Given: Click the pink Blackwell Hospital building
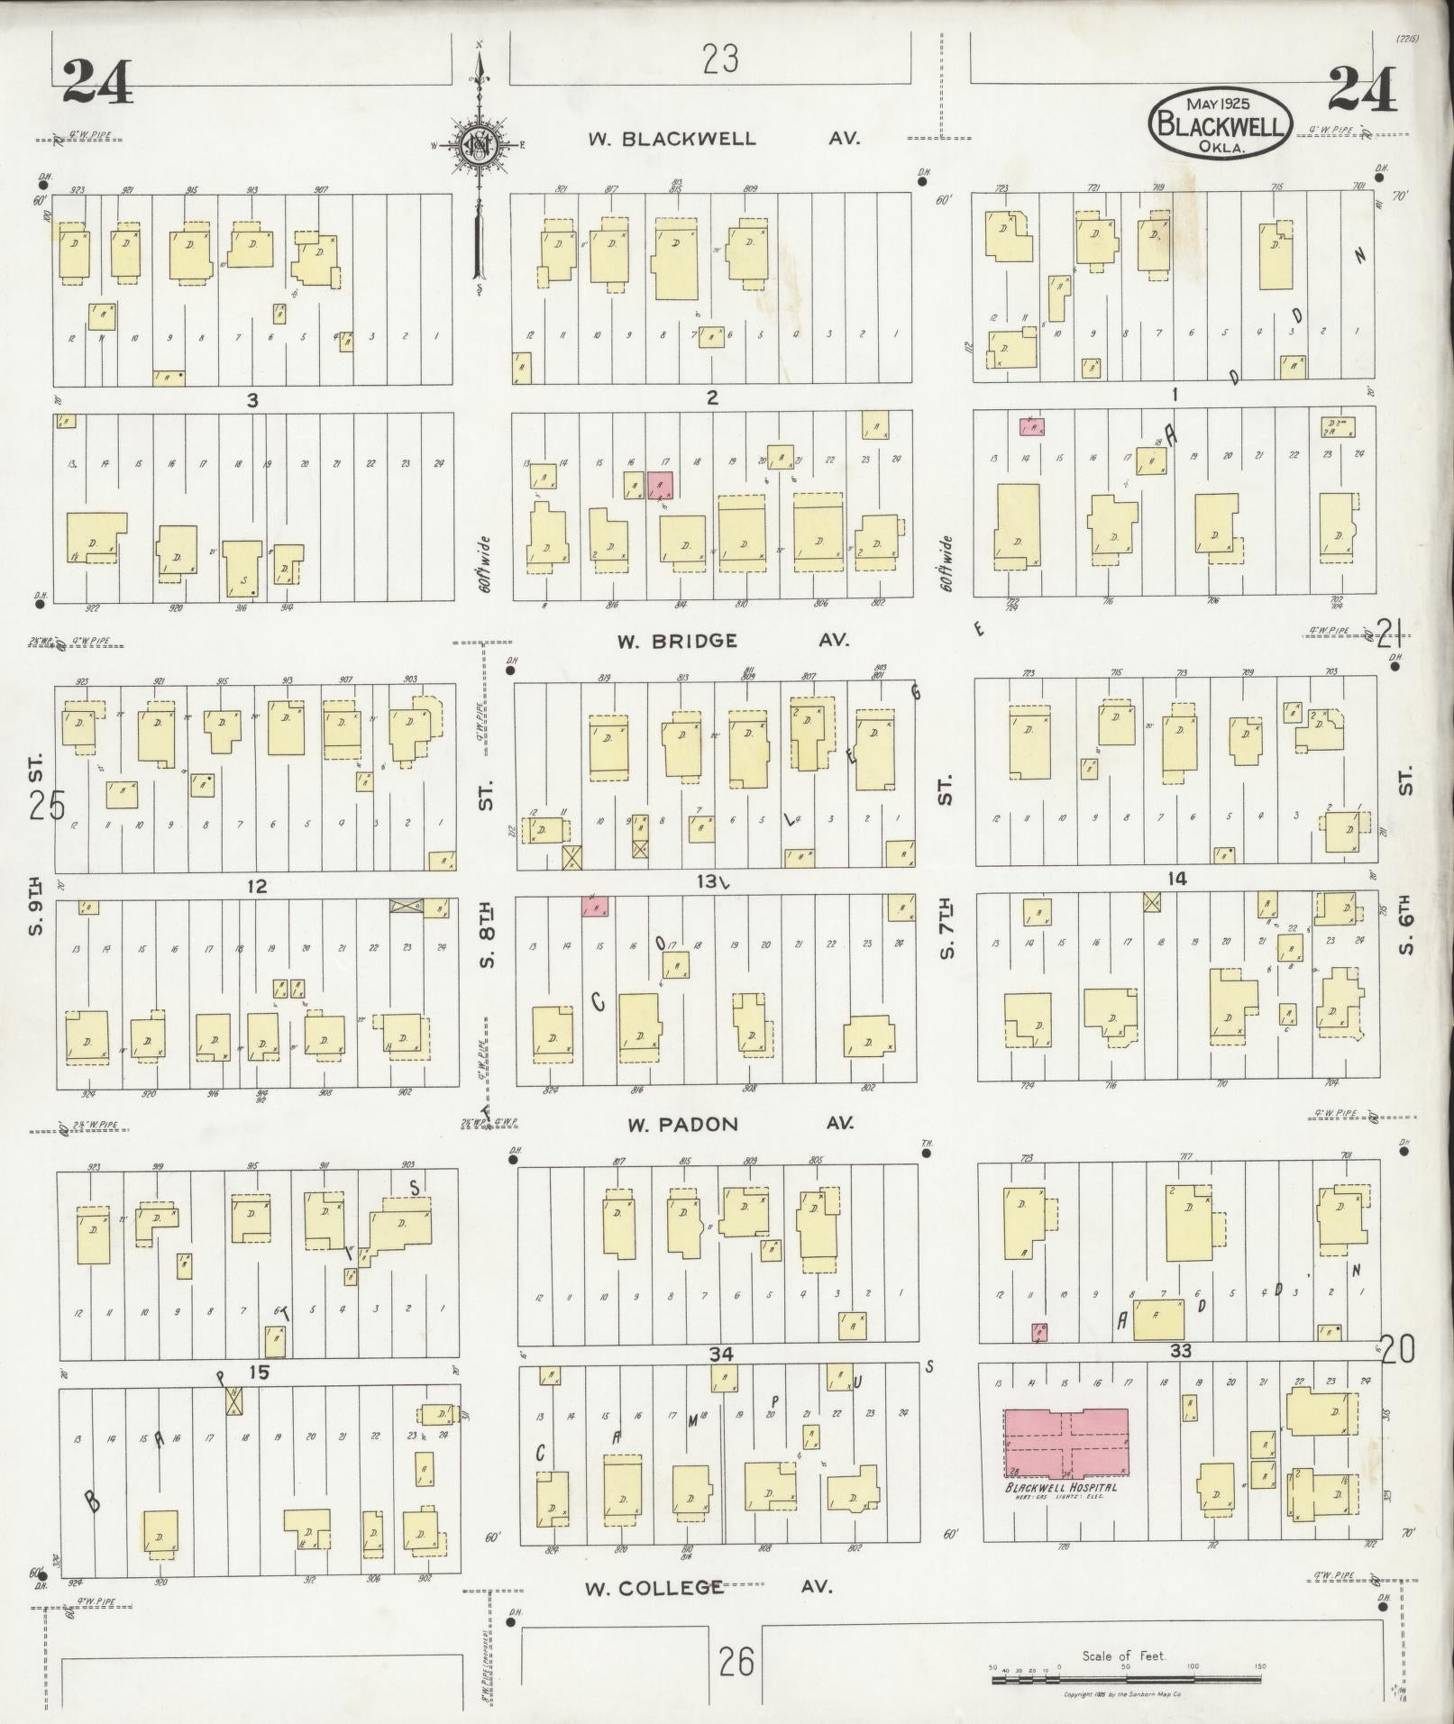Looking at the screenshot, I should point(1066,1443).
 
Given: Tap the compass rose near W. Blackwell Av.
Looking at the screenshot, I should point(480,144).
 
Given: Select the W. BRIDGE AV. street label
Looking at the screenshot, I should point(732,641).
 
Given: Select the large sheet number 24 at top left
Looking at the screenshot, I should point(97,81).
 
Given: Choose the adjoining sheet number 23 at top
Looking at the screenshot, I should point(721,60).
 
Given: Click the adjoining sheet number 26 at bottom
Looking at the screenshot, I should point(736,1662).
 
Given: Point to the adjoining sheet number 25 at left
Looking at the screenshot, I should point(47,805).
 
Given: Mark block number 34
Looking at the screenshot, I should point(720,1379).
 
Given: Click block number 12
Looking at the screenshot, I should point(257,887).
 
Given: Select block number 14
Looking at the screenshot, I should point(1176,879).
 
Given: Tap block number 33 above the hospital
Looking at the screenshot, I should point(1180,1375).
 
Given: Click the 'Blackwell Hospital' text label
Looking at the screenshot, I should point(1061,1487).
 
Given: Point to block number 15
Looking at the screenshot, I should point(259,1373).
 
